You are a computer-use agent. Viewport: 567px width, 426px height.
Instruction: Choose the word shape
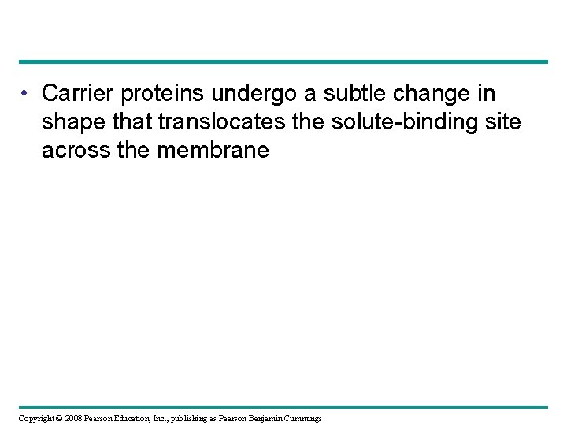pyautogui.click(x=72, y=123)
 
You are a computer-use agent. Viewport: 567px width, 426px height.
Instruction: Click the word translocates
pyautogui.click(x=218, y=122)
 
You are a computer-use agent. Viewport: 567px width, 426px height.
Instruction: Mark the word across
pyautogui.click(x=76, y=151)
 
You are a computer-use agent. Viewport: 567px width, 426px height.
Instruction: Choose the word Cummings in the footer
pyautogui.click(x=313, y=417)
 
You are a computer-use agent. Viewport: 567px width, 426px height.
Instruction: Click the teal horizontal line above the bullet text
pyautogui.click(x=283, y=62)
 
